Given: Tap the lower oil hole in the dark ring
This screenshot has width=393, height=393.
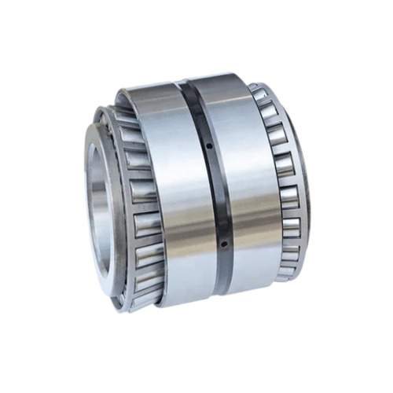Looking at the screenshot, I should [222, 243].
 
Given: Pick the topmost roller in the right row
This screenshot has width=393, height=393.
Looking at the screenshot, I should [259, 94].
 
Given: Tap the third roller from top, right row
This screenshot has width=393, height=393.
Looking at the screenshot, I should [277, 137].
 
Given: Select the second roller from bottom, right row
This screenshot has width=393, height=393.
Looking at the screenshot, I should [288, 250].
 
